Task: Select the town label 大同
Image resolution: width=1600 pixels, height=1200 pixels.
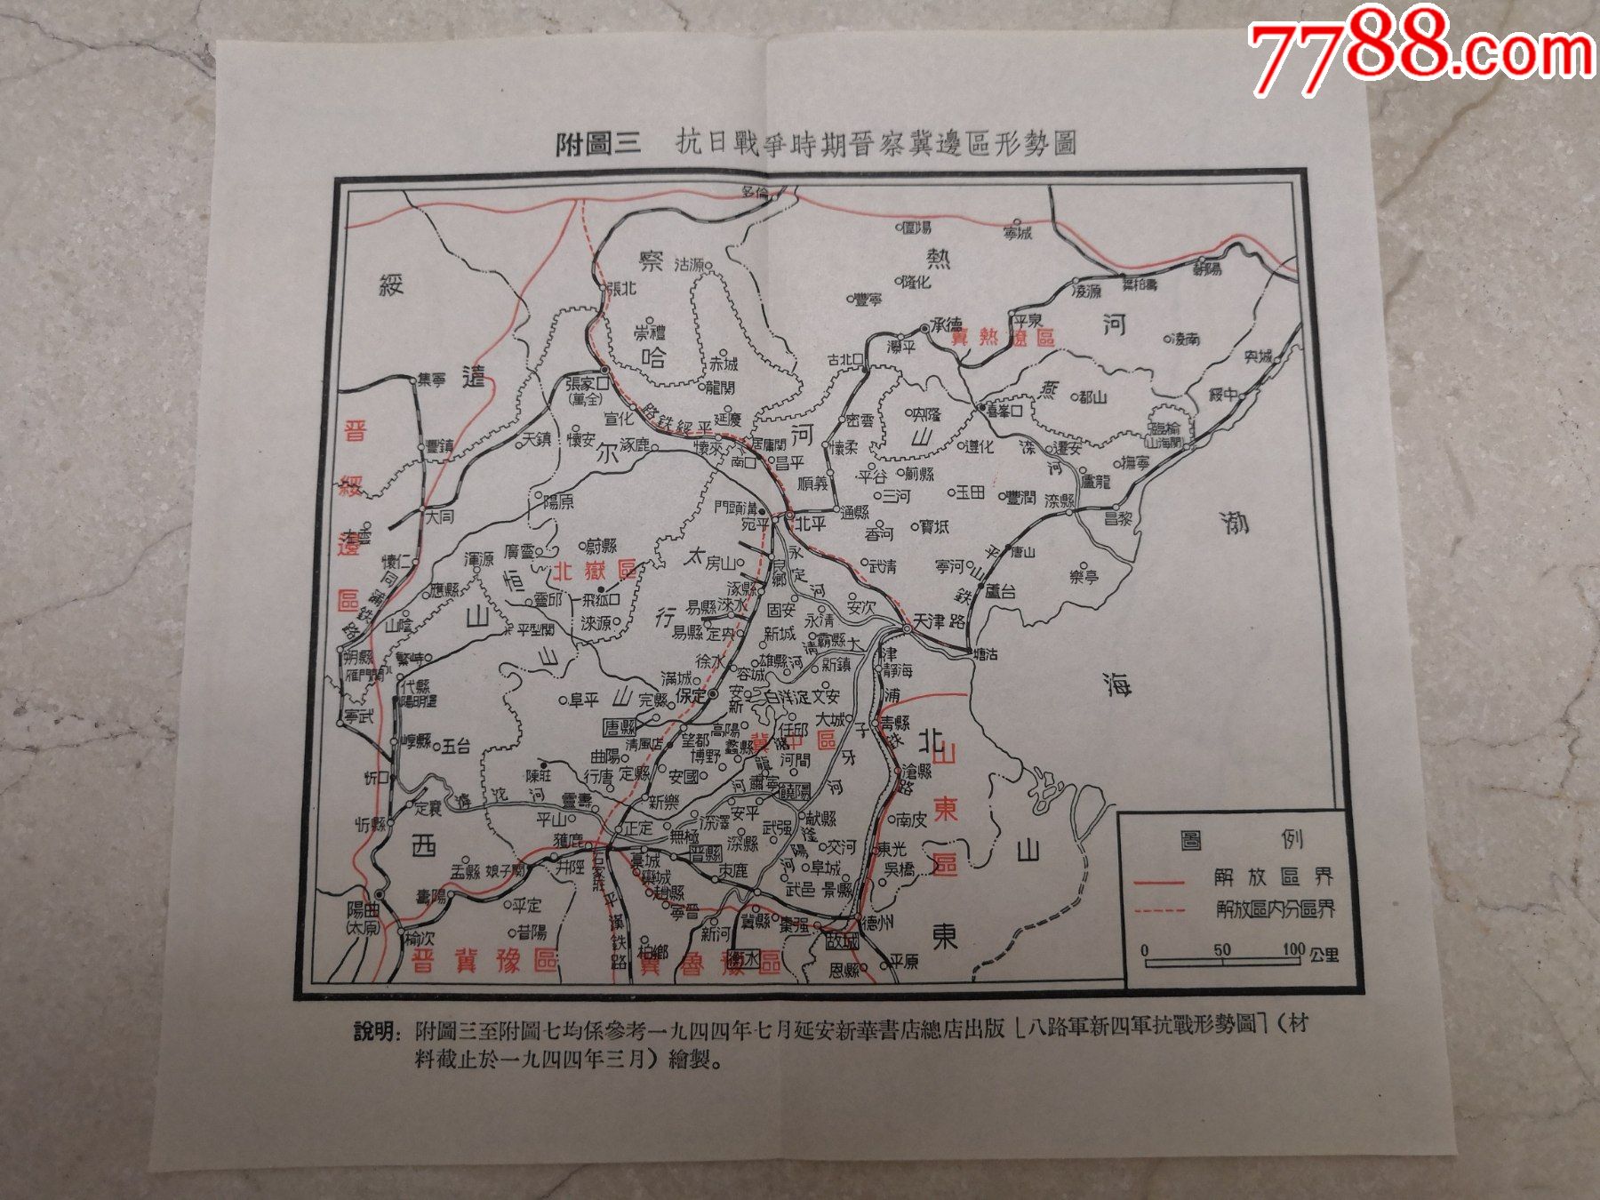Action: click(439, 516)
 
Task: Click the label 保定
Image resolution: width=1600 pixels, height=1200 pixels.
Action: click(690, 695)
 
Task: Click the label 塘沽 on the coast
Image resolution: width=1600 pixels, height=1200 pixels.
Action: click(985, 654)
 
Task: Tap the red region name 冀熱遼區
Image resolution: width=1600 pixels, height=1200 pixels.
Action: click(1002, 338)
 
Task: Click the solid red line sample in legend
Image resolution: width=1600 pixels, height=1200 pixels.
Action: click(1159, 882)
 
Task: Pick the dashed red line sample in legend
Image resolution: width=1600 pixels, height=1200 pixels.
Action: click(1159, 910)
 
